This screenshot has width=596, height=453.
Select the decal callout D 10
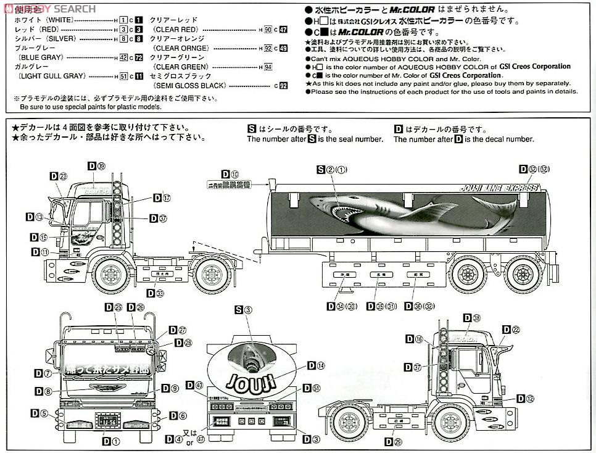[x=230, y=175]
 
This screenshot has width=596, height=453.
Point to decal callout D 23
[x=58, y=177]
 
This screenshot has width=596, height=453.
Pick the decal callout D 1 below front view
[x=111, y=441]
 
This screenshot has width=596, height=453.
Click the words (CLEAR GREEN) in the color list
[x=181, y=67]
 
